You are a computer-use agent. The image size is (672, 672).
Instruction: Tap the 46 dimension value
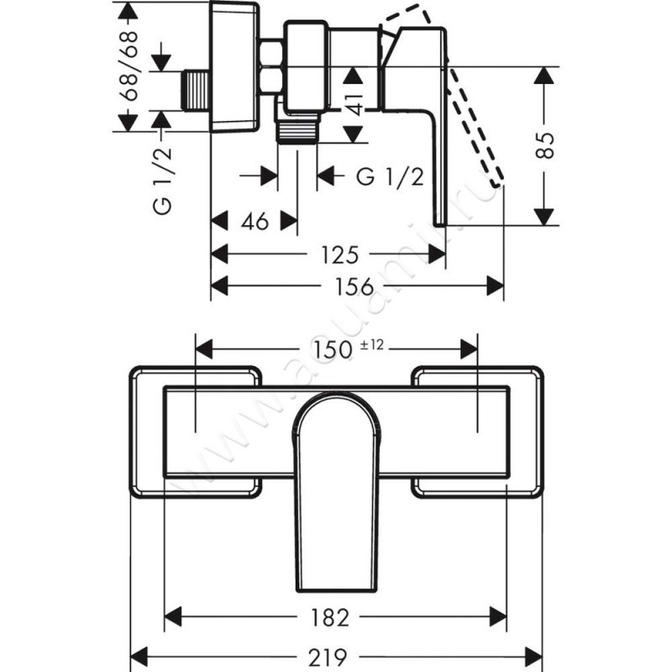tap(255, 222)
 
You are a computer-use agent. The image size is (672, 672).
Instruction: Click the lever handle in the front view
tap(337, 487)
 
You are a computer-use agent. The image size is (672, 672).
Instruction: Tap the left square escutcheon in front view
tap(196, 432)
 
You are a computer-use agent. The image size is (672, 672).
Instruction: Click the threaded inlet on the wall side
tap(196, 91)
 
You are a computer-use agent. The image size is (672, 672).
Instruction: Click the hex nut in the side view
tap(270, 67)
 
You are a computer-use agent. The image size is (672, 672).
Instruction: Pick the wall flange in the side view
tap(234, 67)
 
